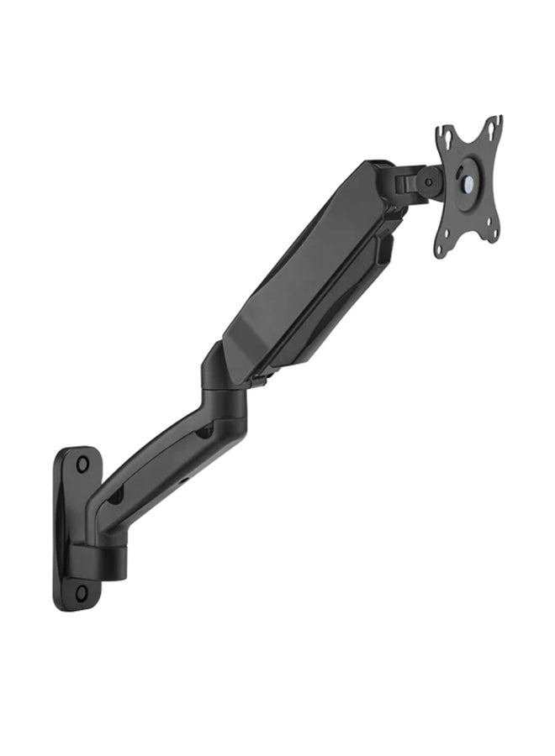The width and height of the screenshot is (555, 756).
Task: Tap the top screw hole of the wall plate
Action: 82,463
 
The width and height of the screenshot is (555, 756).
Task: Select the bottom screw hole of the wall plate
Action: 81,592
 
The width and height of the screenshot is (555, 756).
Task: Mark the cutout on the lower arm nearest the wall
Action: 115,496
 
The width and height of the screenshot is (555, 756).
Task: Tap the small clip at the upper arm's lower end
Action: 256,382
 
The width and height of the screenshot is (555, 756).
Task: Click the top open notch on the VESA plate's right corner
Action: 497,123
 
